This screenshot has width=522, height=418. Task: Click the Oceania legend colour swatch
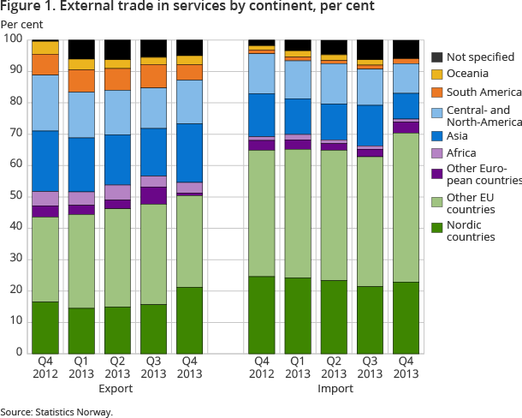(437, 75)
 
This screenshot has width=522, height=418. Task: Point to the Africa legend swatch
(437, 153)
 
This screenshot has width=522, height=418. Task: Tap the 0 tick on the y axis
(18, 352)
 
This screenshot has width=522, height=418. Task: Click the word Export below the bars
(116, 388)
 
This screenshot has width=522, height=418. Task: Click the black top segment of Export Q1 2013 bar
(81, 49)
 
